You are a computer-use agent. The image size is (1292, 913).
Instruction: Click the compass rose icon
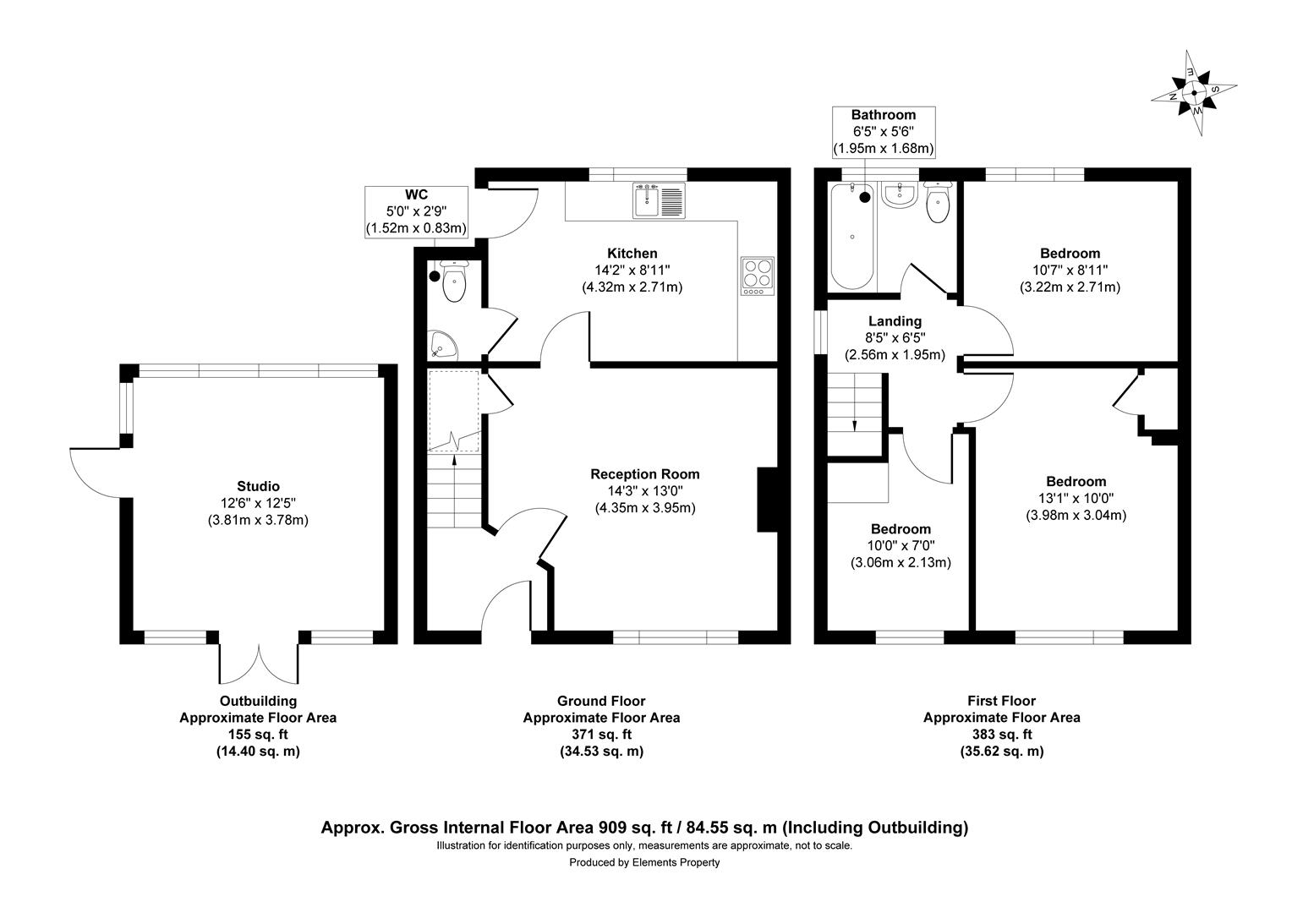pos(1193,93)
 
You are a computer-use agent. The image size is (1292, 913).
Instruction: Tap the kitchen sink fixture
pos(658,200)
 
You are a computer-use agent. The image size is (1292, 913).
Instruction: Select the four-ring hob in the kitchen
pos(757,275)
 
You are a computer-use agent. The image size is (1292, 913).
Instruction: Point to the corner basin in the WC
pos(442,344)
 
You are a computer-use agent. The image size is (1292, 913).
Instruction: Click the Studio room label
pos(258,486)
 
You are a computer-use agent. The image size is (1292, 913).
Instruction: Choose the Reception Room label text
pos(644,474)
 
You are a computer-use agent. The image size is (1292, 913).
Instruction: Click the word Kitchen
pos(632,254)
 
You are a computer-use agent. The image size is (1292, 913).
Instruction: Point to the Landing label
pos(895,321)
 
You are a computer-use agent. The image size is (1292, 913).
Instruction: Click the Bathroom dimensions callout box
pos(883,131)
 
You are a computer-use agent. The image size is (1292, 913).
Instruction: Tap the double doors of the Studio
pos(258,659)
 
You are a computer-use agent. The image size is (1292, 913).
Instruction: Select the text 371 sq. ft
pos(601,734)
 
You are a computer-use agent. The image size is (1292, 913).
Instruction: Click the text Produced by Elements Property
pos(644,862)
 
